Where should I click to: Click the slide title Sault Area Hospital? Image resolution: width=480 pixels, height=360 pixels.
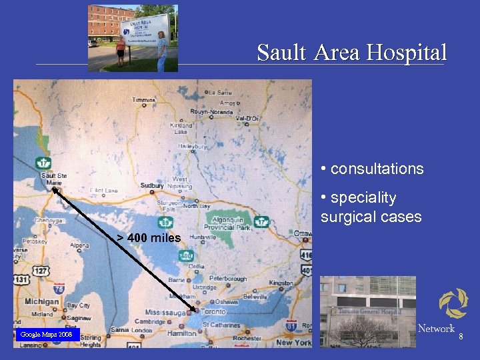(x=351, y=53)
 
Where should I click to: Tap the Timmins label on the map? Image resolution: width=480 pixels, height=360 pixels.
(x=144, y=100)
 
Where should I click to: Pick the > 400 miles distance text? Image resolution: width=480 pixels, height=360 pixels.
(x=149, y=238)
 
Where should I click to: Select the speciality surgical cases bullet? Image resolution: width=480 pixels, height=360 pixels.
(x=371, y=207)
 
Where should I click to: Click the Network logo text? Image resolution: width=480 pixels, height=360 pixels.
(x=436, y=328)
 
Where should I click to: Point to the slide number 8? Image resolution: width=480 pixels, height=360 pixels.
(x=461, y=338)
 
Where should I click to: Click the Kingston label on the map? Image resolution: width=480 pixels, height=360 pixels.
(x=280, y=283)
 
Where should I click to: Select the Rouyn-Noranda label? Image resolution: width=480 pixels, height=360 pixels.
(x=212, y=112)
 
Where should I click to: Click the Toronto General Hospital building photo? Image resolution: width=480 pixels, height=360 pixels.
(x=367, y=311)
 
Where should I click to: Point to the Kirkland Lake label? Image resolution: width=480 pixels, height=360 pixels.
(x=181, y=128)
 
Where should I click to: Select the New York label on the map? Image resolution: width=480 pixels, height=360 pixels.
(x=293, y=342)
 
